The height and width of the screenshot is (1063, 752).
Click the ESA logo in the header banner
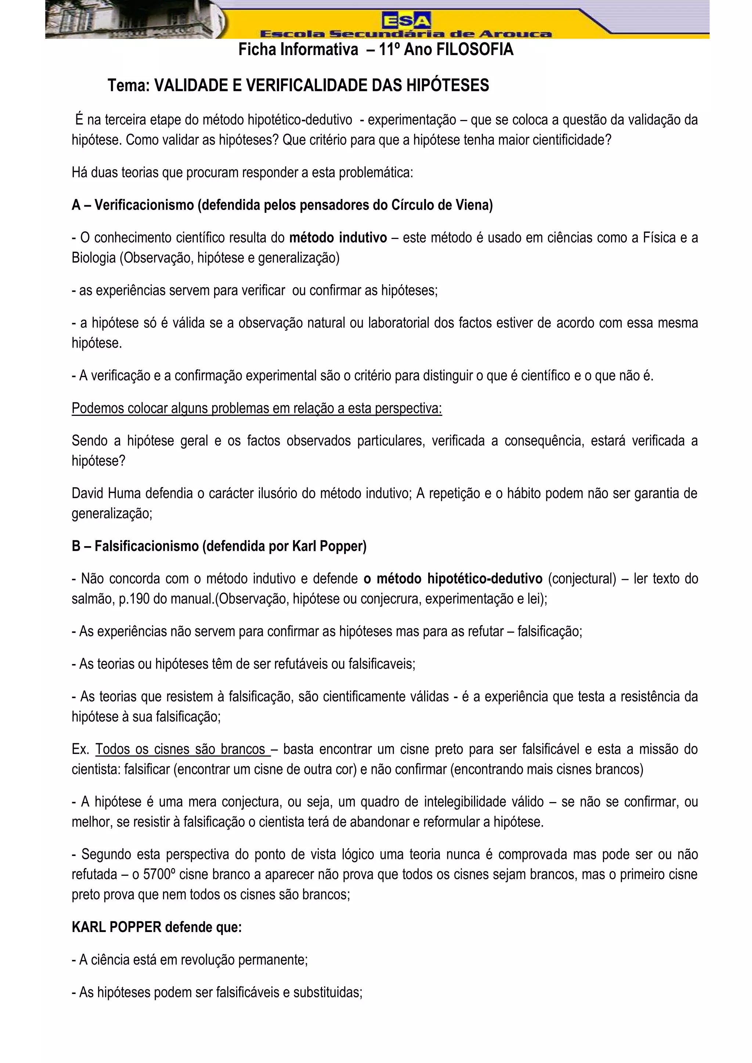[406, 20]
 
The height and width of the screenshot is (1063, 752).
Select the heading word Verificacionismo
[144, 205]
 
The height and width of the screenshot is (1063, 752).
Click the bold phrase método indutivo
[338, 238]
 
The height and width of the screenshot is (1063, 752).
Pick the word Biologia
[94, 258]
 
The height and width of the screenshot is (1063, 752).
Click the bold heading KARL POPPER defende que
[156, 927]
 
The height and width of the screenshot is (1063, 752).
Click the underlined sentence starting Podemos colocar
[257, 409]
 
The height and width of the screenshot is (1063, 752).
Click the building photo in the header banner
[134, 19]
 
